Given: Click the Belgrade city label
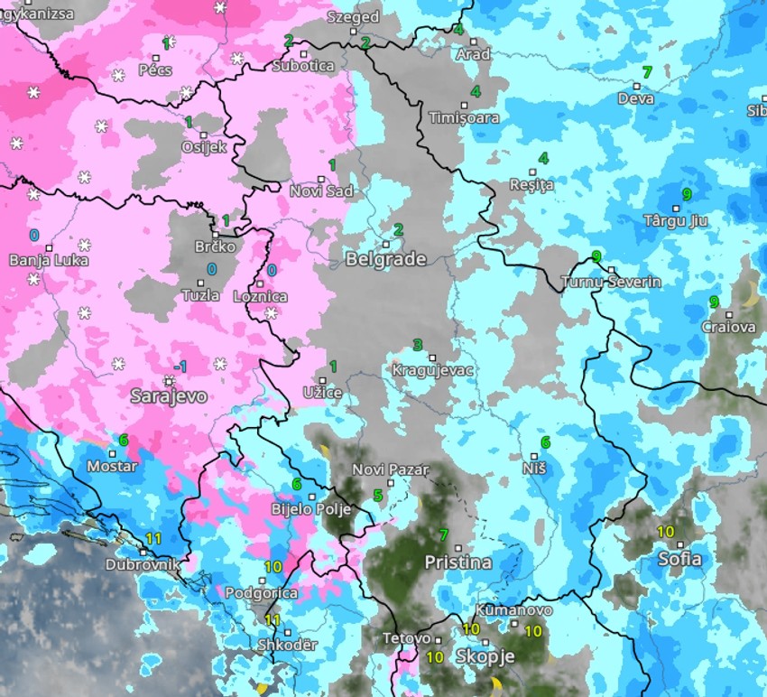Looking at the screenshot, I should (385, 260).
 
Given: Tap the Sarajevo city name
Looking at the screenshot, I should (169, 396).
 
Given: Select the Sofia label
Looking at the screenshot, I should (679, 559).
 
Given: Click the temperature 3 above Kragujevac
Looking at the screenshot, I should (417, 345).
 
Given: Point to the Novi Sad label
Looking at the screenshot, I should (321, 191).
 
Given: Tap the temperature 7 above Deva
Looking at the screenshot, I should (646, 72).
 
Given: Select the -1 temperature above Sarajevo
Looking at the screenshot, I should (181, 366).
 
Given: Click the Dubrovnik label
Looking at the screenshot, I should (142, 565).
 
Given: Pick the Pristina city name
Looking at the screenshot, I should (458, 562).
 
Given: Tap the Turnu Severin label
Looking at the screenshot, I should (611, 282).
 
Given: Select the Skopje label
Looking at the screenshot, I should (485, 656).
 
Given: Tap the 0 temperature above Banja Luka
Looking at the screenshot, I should (34, 235).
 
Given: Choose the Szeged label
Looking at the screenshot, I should (353, 17).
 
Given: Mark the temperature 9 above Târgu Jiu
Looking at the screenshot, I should (687, 194).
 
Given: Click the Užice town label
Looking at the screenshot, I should (321, 393).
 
